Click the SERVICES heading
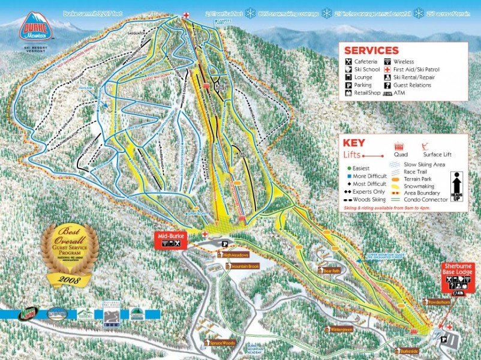(x=371, y=51)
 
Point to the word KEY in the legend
(x=354, y=143)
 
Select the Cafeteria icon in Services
(x=348, y=62)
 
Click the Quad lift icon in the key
(x=397, y=148)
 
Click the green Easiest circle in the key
(x=347, y=169)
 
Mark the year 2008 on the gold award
(x=69, y=279)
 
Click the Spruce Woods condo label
(x=221, y=344)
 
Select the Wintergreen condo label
(x=341, y=329)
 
